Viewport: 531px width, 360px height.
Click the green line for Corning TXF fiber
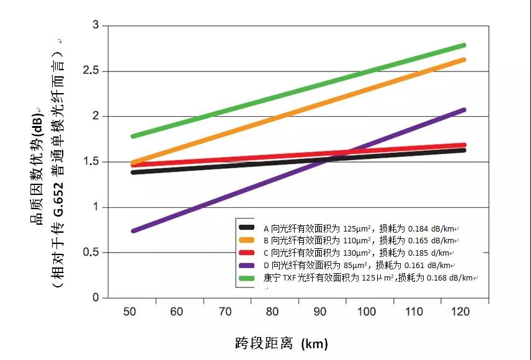(298, 91)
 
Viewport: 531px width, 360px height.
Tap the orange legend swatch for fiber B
(247, 240)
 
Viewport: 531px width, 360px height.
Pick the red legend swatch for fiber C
(247, 253)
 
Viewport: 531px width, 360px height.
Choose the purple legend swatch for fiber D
(247, 265)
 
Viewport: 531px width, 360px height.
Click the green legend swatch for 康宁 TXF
(247, 277)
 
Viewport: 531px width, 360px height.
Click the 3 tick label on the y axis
(96, 25)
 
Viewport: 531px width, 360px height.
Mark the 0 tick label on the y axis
(96, 298)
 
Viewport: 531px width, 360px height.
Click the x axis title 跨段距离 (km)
(282, 343)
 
